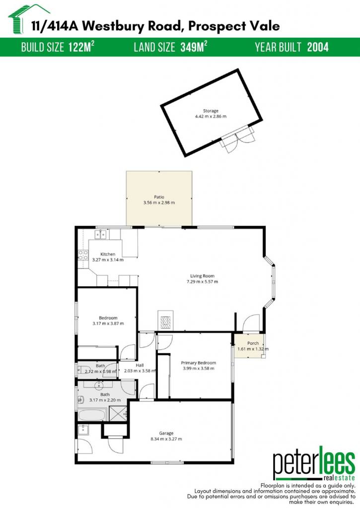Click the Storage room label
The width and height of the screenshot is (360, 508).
pyautogui.click(x=211, y=111)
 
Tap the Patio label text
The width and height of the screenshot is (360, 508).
pyautogui.click(x=159, y=197)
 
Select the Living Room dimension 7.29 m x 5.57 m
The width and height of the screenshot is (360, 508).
pyautogui.click(x=202, y=282)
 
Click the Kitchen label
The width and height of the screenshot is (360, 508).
pyautogui.click(x=108, y=254)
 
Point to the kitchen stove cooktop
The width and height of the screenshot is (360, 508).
pyautogui.click(x=83, y=255)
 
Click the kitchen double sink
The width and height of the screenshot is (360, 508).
pyautogui.click(x=101, y=234)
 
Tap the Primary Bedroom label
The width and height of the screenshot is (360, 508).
pyautogui.click(x=199, y=363)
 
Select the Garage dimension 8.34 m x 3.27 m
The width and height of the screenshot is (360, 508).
pyautogui.click(x=166, y=439)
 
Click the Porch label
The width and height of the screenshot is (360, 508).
pyautogui.click(x=253, y=343)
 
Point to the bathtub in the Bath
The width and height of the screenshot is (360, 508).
pyautogui.click(x=92, y=415)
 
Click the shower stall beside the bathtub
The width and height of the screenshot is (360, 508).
pyautogui.click(x=118, y=413)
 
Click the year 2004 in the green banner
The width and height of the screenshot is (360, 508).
pyautogui.click(x=318, y=47)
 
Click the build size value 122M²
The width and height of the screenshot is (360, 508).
pyautogui.click(x=81, y=47)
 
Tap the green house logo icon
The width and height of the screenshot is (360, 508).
pyautogui.click(x=28, y=19)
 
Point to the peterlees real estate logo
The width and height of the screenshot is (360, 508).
pyautogui.click(x=314, y=464)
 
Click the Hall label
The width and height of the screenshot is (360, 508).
pyautogui.click(x=140, y=365)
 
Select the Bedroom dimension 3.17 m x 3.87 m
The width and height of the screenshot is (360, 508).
pyautogui.click(x=108, y=323)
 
